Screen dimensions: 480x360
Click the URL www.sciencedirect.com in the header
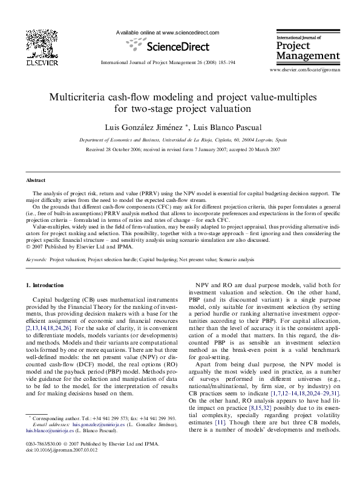189,33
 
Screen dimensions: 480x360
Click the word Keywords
36,259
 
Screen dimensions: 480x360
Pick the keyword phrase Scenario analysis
237,259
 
